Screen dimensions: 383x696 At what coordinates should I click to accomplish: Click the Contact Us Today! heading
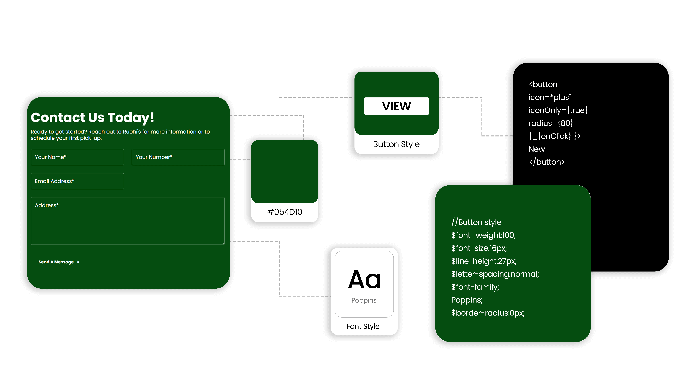[x=92, y=118]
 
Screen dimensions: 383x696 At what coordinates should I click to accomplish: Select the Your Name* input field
[x=77, y=157]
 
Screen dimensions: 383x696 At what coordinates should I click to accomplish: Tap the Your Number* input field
[x=178, y=157]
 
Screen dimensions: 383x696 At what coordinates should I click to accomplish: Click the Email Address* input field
[x=77, y=181]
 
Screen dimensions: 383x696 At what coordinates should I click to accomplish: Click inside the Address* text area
[x=128, y=221]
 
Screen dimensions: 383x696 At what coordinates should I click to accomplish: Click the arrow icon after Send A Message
[x=78, y=262]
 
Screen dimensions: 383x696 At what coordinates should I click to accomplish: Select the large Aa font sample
[x=364, y=279]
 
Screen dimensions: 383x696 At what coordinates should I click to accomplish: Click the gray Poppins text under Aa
[x=364, y=300]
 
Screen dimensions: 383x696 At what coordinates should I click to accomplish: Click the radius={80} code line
[x=551, y=123]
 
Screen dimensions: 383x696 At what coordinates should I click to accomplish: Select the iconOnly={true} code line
[x=558, y=110]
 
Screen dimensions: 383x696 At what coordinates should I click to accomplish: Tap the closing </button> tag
[x=547, y=162]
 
